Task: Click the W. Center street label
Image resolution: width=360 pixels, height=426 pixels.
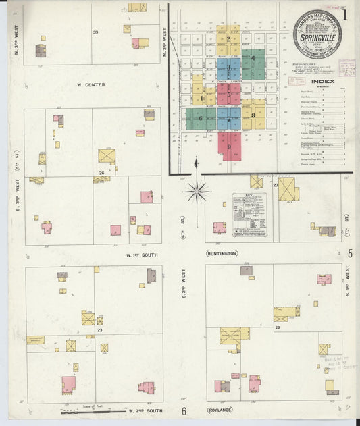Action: pyautogui.click(x=92, y=86)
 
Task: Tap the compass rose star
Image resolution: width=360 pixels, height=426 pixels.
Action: pyautogui.click(x=197, y=192)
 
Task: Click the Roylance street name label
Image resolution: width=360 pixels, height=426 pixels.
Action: pyautogui.click(x=220, y=410)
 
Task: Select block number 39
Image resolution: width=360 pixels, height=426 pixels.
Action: pyautogui.click(x=95, y=32)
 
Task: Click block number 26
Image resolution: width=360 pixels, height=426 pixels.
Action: pyautogui.click(x=101, y=174)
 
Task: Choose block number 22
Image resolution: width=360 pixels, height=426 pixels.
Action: pyautogui.click(x=278, y=327)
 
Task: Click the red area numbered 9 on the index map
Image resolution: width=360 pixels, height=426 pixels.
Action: pyautogui.click(x=229, y=146)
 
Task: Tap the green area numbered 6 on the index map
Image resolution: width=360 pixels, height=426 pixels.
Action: pyautogui.click(x=200, y=119)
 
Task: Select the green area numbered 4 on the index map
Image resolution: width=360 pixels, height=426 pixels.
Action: pyautogui.click(x=253, y=59)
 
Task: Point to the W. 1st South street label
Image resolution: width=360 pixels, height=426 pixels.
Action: pyautogui.click(x=141, y=254)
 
